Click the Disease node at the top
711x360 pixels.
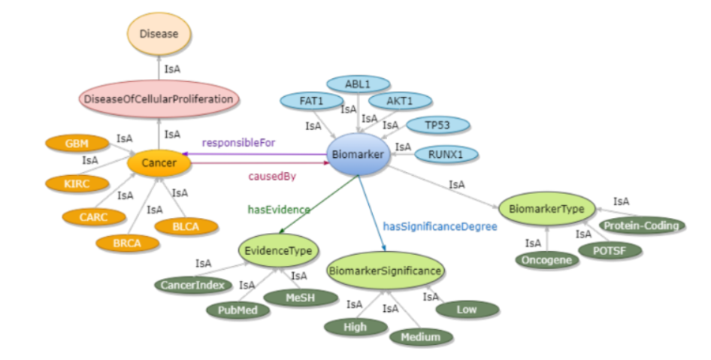[x=159, y=34]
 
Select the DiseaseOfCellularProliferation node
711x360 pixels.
[x=159, y=98]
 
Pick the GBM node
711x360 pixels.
[x=76, y=144]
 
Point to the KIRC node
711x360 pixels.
[x=77, y=183]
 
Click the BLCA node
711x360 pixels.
[x=186, y=225]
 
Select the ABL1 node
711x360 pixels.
[x=358, y=84]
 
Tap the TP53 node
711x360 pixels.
[x=438, y=126]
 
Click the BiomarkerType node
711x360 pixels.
[x=546, y=208]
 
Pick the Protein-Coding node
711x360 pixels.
[x=642, y=225]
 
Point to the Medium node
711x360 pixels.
[x=421, y=337]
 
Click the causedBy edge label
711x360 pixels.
[x=271, y=176]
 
